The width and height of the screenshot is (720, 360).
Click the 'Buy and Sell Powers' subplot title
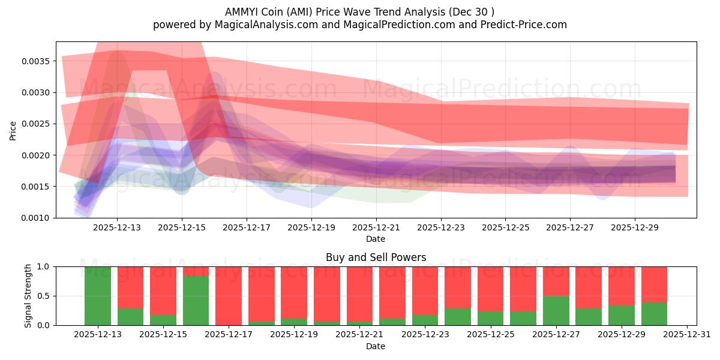(x=376, y=257)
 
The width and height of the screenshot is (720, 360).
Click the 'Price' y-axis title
(x=13, y=130)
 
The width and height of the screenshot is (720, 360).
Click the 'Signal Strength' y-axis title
(x=28, y=296)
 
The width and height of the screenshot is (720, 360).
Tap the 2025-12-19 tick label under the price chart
(x=311, y=228)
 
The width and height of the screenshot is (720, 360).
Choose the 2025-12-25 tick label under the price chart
(x=505, y=228)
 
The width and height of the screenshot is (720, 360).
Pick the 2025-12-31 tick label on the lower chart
(x=686, y=335)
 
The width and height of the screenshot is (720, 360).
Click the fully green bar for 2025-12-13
(x=98, y=296)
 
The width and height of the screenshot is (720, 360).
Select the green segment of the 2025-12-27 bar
(x=556, y=311)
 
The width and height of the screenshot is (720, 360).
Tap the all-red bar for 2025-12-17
(x=229, y=296)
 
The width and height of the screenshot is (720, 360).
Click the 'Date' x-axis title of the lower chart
(x=376, y=346)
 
